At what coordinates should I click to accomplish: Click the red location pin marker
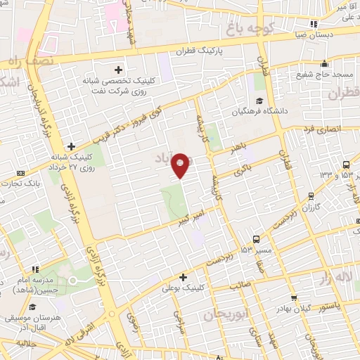181,165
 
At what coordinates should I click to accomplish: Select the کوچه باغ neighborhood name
252,29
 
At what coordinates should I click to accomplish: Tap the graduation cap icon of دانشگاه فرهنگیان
258,100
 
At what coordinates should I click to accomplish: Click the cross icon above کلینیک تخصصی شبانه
118,69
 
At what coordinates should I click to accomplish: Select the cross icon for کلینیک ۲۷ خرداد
71,146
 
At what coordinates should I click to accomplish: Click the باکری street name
243,169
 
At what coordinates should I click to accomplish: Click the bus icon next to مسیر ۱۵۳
257,238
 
